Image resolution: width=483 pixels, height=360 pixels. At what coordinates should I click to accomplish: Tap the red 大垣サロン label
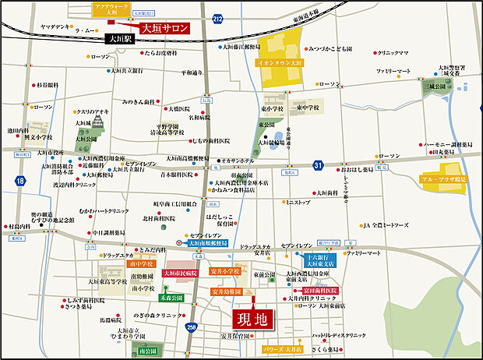(164, 27)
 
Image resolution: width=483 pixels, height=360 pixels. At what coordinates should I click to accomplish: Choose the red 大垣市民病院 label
(181, 273)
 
